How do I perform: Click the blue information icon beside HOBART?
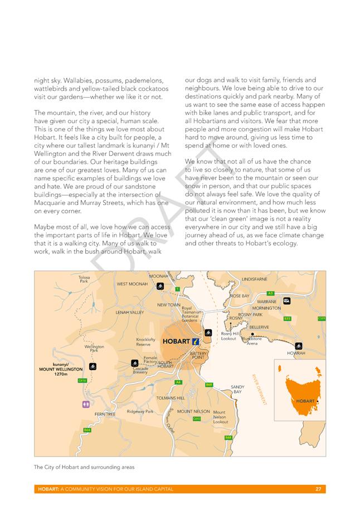pyautogui.click(x=196, y=341)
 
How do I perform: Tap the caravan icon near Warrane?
pyautogui.click(x=286, y=300)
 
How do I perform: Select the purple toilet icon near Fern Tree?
pyautogui.click(x=85, y=404)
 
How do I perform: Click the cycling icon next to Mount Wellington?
pyautogui.click(x=94, y=366)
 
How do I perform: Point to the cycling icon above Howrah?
pyautogui.click(x=299, y=346)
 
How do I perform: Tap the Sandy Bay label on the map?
pyautogui.click(x=237, y=389)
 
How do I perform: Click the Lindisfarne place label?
pyautogui.click(x=255, y=279)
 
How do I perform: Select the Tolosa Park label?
pyautogui.click(x=84, y=279)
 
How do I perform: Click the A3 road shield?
pyautogui.click(x=270, y=293)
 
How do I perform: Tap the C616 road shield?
pyautogui.click(x=81, y=380)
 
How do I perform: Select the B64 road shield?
pyautogui.click(x=87, y=430)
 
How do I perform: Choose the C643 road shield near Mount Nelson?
pyautogui.click(x=197, y=419)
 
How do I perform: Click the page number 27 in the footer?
pyautogui.click(x=318, y=489)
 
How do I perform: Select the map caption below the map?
pyautogui.click(x=84, y=467)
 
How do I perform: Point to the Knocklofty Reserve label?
pyautogui.click(x=146, y=342)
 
